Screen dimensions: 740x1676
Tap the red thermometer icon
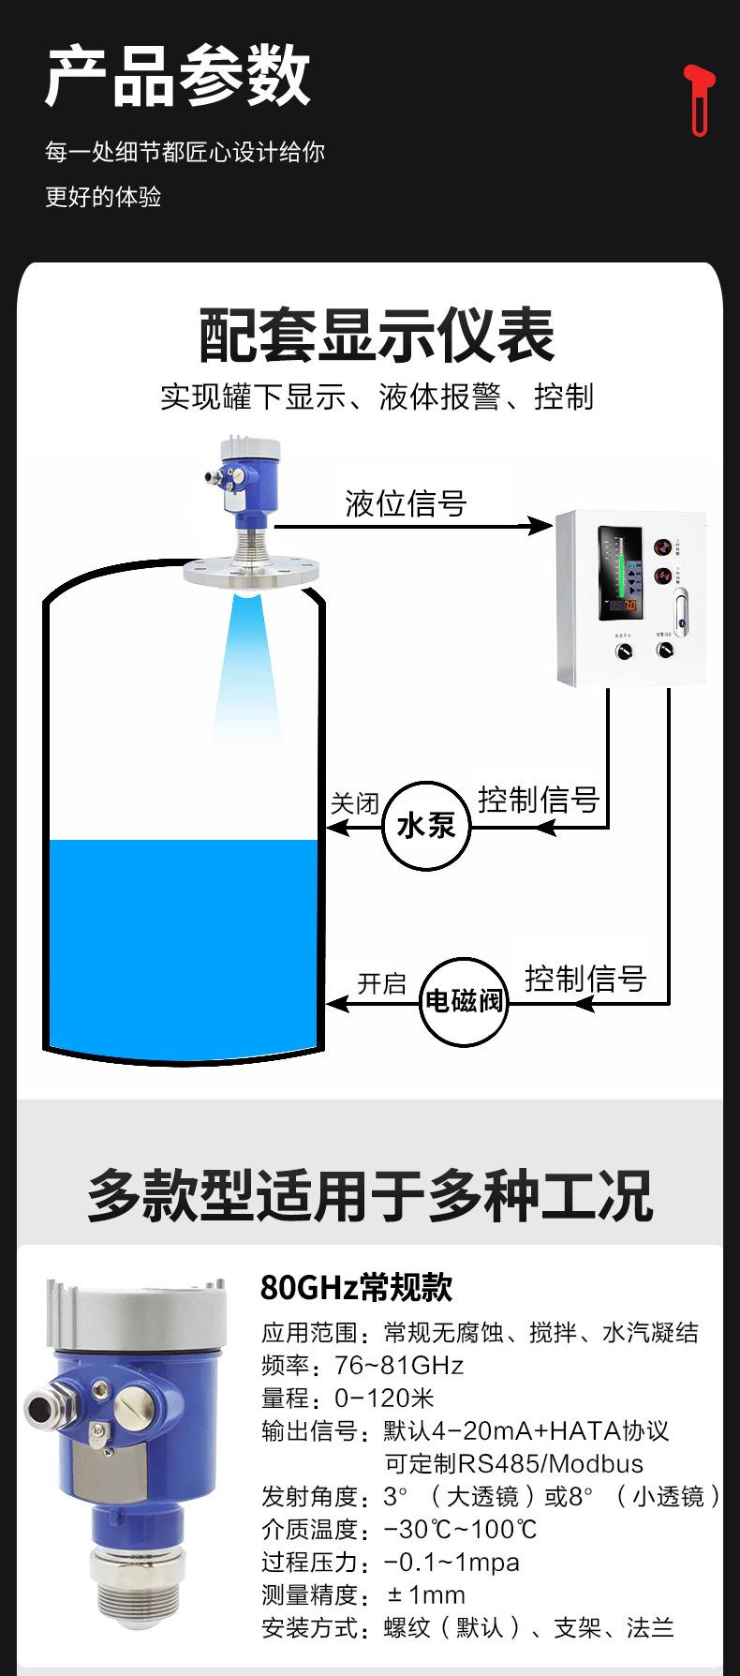[x=698, y=99]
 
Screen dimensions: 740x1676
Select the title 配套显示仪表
[x=377, y=336]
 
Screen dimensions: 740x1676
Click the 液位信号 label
[x=406, y=503]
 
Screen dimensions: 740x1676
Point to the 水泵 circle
[x=426, y=826]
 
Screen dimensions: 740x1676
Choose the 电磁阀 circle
[x=465, y=1001]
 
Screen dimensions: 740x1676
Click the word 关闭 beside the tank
[x=355, y=803]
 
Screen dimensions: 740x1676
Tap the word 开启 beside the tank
[x=381, y=983]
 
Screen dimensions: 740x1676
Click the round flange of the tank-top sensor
[x=251, y=571]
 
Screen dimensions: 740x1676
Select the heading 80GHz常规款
[x=356, y=1288]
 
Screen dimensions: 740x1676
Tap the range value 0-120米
[x=384, y=1398]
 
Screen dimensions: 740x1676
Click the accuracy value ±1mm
[x=425, y=1594]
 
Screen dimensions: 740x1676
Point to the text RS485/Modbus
[x=551, y=1463]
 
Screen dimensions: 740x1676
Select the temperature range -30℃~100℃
[x=461, y=1529]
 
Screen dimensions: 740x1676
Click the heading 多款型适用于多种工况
[x=369, y=1195]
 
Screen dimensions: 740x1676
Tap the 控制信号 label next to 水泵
[x=539, y=800]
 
